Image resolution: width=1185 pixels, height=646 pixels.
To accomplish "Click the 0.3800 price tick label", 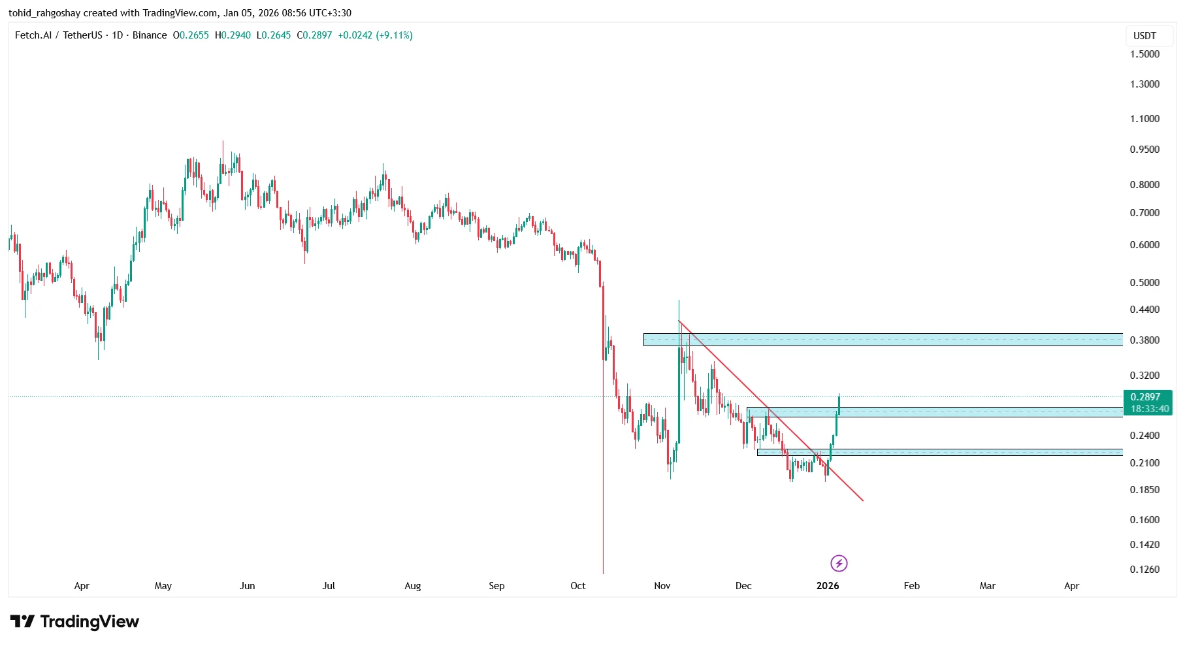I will [x=1144, y=340].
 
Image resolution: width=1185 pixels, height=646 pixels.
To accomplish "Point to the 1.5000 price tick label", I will [x=1144, y=54].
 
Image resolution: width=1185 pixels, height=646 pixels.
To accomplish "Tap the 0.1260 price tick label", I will [x=1144, y=570].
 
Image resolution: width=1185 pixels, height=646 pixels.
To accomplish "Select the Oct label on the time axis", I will [x=578, y=586].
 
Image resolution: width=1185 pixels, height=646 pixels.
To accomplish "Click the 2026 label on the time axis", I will [x=828, y=586].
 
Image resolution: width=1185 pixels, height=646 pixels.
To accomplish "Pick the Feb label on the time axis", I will [x=911, y=586].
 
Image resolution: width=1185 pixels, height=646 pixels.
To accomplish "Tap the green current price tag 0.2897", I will [x=1146, y=397].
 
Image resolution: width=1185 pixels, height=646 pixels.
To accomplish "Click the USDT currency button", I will [x=1144, y=36].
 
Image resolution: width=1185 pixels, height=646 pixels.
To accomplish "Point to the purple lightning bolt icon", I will [x=839, y=563].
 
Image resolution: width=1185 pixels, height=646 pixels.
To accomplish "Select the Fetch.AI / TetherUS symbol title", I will [x=58, y=35].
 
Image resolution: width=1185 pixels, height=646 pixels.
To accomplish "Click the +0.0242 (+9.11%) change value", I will [x=375, y=35].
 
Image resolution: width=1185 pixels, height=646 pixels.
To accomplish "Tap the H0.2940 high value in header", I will [x=233, y=35].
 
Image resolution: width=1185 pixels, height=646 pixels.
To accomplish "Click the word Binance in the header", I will [x=150, y=35].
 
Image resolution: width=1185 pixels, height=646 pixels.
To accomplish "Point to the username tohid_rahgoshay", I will [x=44, y=13].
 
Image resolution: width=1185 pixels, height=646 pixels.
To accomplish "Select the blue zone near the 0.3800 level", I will [x=882, y=340].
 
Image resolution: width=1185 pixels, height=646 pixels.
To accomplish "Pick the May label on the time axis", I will [x=163, y=586].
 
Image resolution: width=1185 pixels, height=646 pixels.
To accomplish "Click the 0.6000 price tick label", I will [x=1144, y=245].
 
